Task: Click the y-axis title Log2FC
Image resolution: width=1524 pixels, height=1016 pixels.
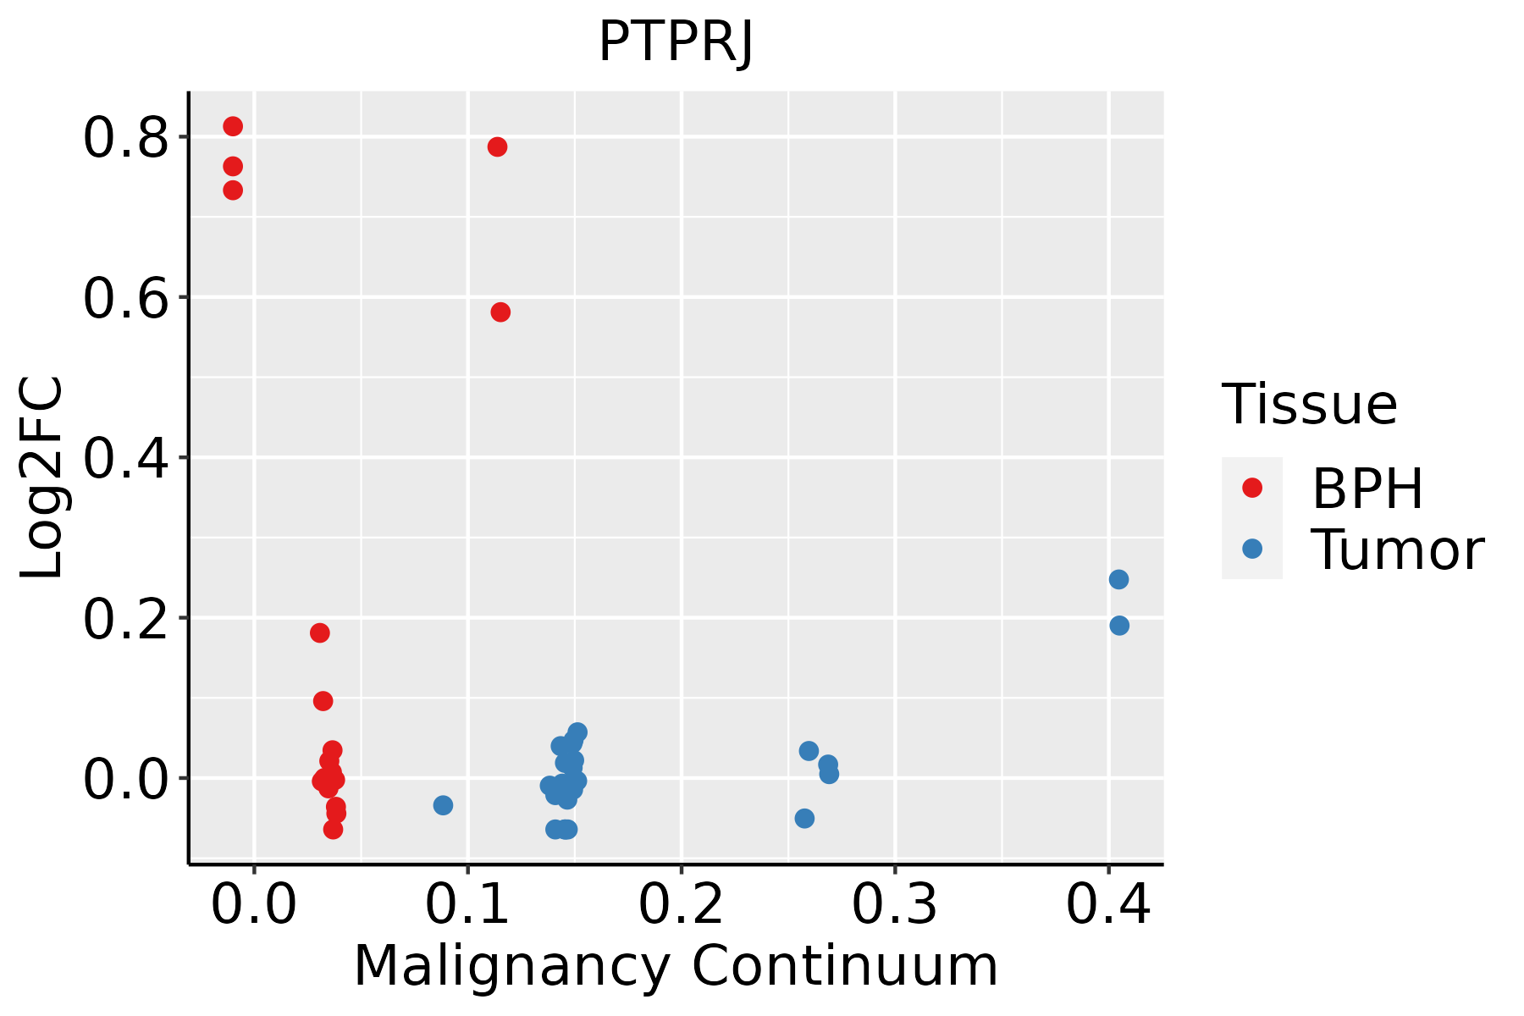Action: pyautogui.click(x=42, y=478)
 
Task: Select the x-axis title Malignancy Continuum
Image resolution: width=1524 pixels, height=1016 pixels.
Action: pyautogui.click(x=676, y=966)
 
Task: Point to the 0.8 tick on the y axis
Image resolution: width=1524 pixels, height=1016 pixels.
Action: pyautogui.click(x=126, y=138)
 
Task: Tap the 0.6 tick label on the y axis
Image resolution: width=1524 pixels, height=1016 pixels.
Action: pyautogui.click(x=126, y=298)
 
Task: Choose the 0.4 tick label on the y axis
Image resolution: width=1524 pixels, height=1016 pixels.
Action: pyautogui.click(x=126, y=458)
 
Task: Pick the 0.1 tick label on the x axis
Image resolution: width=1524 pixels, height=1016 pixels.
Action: pyautogui.click(x=467, y=905)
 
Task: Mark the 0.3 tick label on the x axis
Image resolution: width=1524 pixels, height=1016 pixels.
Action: pyautogui.click(x=894, y=905)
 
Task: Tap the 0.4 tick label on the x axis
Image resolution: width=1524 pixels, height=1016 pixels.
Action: pyautogui.click(x=1107, y=905)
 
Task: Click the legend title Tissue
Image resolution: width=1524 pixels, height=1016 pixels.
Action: pyautogui.click(x=1310, y=405)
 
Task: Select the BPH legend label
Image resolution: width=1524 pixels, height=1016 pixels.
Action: pyautogui.click(x=1367, y=489)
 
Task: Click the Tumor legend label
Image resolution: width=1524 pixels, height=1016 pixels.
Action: pyautogui.click(x=1398, y=550)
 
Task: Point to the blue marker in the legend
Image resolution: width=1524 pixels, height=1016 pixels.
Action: pyautogui.click(x=1252, y=549)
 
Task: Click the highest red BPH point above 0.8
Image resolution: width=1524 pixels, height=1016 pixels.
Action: pyautogui.click(x=233, y=126)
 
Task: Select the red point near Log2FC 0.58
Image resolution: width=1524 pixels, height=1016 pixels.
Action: pyautogui.click(x=500, y=312)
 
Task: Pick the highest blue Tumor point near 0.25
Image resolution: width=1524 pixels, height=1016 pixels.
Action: pyautogui.click(x=1118, y=579)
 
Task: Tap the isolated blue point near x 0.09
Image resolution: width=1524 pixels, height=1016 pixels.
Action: pyautogui.click(x=443, y=805)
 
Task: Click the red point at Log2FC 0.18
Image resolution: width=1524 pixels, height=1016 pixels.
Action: pyautogui.click(x=319, y=633)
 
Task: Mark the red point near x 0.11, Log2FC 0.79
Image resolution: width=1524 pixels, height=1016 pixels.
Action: pyautogui.click(x=497, y=147)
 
